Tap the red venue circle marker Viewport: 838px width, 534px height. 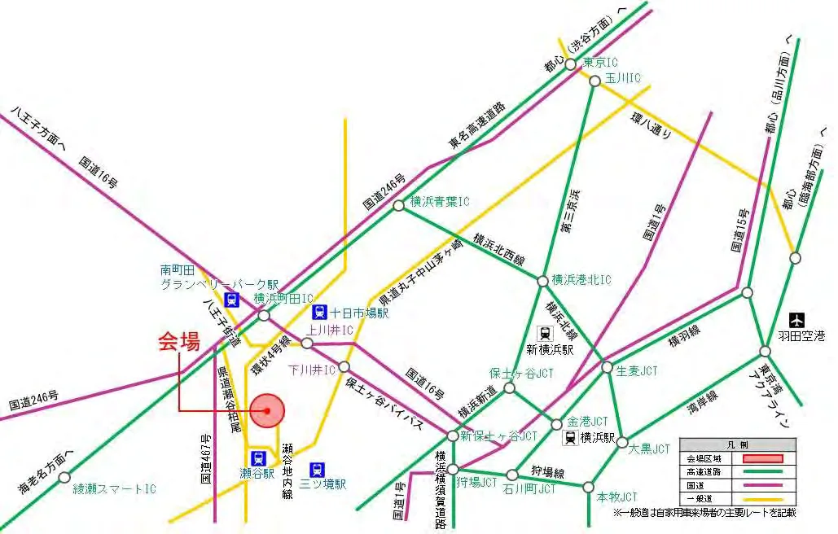click(267, 410)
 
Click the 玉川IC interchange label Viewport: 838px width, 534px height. click(624, 79)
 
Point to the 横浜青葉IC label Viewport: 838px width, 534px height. click(440, 202)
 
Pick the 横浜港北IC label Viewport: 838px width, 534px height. click(581, 280)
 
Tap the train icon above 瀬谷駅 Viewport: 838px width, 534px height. click(258, 458)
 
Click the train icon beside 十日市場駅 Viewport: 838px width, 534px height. click(319, 312)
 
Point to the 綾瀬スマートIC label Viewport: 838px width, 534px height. click(114, 489)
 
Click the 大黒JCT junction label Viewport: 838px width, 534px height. click(652, 448)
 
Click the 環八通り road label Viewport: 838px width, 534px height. click(652, 124)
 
